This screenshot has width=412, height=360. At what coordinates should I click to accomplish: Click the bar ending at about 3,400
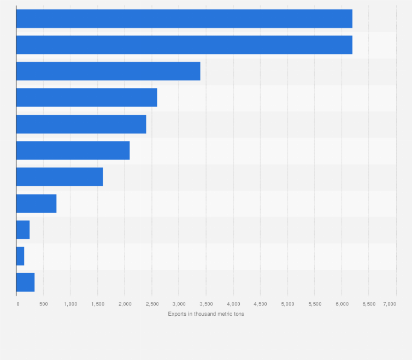(x=108, y=71)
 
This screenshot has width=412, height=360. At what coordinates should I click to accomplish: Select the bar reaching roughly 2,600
(x=86, y=97)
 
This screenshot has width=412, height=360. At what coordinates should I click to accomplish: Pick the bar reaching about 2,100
(x=73, y=150)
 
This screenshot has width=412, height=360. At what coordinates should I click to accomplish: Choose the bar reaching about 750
(x=36, y=203)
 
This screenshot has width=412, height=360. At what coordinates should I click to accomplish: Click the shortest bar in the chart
(x=20, y=256)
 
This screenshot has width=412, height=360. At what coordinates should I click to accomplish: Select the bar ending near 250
(x=23, y=229)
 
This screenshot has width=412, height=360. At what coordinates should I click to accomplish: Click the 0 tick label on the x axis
(x=17, y=303)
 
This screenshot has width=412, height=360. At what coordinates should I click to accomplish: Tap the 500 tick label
(x=43, y=303)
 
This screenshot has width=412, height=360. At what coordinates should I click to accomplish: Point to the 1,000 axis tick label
(x=70, y=303)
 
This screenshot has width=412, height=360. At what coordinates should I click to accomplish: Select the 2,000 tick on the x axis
(x=125, y=303)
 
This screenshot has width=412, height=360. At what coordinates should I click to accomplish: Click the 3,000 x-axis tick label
(x=179, y=303)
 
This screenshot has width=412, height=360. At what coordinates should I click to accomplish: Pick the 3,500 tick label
(x=206, y=303)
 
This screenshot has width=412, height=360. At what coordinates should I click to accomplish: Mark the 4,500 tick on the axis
(x=260, y=303)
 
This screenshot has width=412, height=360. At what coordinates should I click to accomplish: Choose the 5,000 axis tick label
(x=287, y=303)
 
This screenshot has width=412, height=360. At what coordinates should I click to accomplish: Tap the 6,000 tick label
(x=342, y=303)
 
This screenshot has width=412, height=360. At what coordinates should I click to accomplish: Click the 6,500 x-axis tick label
(x=369, y=303)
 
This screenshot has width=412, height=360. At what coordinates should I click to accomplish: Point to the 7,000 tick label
(x=390, y=303)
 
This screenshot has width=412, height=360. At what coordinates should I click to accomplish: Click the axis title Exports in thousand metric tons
(x=206, y=314)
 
